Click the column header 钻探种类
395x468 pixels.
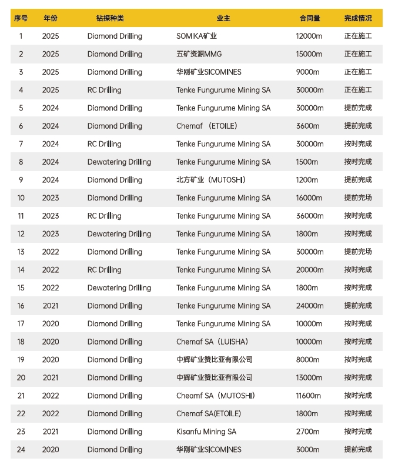pyautogui.click(x=110, y=18)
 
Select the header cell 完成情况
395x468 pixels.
pyautogui.click(x=358, y=18)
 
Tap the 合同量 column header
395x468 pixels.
pyautogui.click(x=309, y=18)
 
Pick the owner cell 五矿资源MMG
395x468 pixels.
pyautogui.click(x=200, y=54)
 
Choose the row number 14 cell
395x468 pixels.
pyautogui.click(x=21, y=270)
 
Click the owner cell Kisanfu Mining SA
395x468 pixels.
pyautogui.click(x=206, y=432)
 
